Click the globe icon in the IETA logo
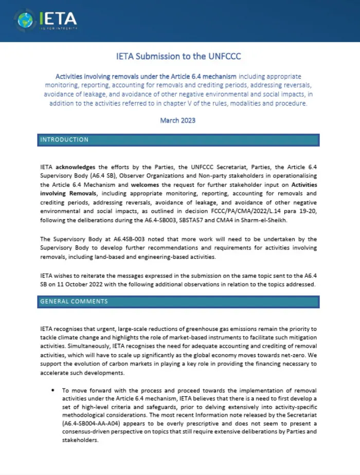tap(24, 20)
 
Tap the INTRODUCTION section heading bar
tap(179, 140)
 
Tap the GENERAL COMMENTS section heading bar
tap(179, 302)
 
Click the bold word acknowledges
tap(76, 167)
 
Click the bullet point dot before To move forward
tap(53, 391)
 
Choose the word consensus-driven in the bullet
tap(83, 431)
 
